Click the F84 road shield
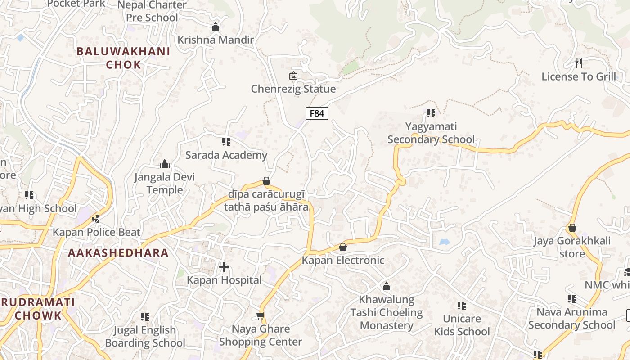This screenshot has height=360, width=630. pos(317,113)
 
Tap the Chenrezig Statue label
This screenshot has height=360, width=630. pos(293,89)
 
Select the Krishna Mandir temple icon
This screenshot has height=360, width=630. pos(216,27)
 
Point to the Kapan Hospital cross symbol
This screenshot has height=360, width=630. pos(224,267)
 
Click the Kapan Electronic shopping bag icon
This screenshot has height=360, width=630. pos(343,247)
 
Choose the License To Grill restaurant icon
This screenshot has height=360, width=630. pos(579,63)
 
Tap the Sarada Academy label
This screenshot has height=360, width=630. pos(226,155)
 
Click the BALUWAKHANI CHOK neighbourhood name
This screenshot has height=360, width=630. pos(123,58)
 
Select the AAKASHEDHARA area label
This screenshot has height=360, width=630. pos(118,253)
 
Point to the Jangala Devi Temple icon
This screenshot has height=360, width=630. pos(165,164)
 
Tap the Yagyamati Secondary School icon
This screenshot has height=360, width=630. pos(431,113)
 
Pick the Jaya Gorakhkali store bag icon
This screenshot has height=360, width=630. pos(572,228)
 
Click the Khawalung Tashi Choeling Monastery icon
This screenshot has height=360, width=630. pos(386,287)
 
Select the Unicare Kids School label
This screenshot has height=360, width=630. pos(462,325)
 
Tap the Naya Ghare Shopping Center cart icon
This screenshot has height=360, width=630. pos(261,316)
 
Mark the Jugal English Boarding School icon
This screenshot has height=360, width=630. pos(145,317)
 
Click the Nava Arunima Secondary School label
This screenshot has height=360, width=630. pos(571,318)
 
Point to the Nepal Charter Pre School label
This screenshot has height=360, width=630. pos(152,11)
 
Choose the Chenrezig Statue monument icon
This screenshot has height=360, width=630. pos(293,76)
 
